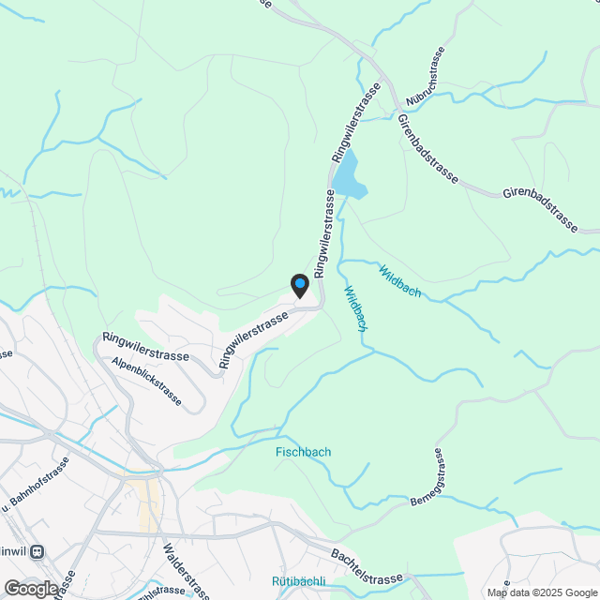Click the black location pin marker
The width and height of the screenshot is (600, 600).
pos(299,285)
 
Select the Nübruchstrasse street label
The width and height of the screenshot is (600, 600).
pos(424,76)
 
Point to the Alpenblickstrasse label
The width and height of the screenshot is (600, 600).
pos(145,379)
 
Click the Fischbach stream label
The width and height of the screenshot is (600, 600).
pos(303,452)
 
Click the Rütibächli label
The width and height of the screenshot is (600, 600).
pos(298,581)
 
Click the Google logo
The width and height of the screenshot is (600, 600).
pos(30,588)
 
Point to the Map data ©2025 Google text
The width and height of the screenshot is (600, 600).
pos(541,592)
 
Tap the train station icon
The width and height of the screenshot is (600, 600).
pos(38,551)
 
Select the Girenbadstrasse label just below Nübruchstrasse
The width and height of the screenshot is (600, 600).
pos(427,151)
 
